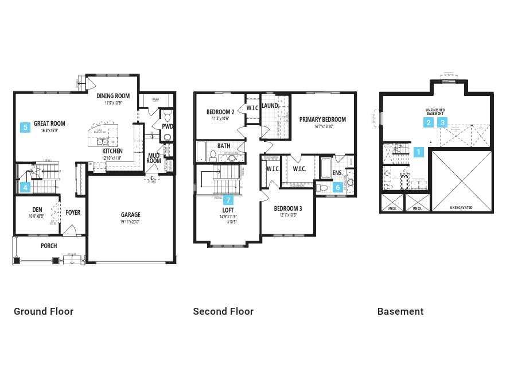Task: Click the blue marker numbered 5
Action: click(x=25, y=127)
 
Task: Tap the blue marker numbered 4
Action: click(x=25, y=187)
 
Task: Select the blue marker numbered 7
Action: click(x=228, y=200)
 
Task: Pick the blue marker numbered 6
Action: click(x=338, y=187)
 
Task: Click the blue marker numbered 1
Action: click(x=419, y=152)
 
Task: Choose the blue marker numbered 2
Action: click(x=429, y=122)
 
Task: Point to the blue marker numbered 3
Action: click(x=443, y=122)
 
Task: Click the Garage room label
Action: click(x=131, y=215)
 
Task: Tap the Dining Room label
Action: click(x=113, y=96)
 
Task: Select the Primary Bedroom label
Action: click(x=322, y=119)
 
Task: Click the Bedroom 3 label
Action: click(x=288, y=208)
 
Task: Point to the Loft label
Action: click(x=228, y=210)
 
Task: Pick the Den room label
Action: click(x=37, y=210)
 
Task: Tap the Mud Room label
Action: click(x=154, y=158)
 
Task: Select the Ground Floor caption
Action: click(x=44, y=311)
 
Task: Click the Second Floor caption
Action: click(x=223, y=311)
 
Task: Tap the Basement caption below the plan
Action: click(x=400, y=311)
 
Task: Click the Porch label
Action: click(x=49, y=246)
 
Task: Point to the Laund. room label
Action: click(x=270, y=106)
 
